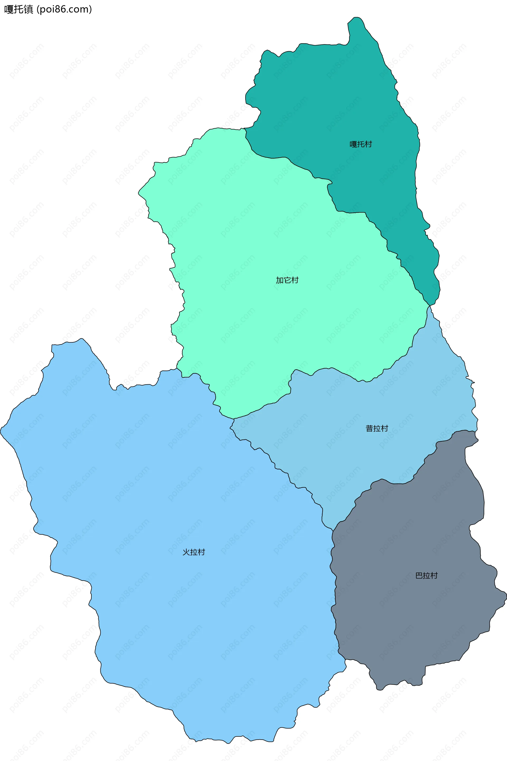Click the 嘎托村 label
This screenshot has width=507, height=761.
[x=361, y=144]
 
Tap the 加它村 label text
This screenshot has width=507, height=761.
[x=287, y=280]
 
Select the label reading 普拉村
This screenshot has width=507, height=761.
[x=377, y=428]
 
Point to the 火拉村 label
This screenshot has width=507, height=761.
[x=194, y=552]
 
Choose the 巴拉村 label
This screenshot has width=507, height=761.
[x=426, y=576]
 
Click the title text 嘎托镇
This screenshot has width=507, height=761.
[x=19, y=10]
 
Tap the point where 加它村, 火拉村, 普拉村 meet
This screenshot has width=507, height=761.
[x=234, y=419]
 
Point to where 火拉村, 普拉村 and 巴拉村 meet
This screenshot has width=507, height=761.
[x=333, y=530]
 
